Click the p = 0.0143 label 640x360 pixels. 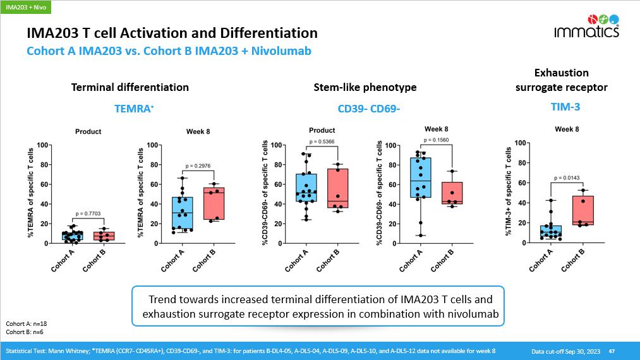[x=567, y=178]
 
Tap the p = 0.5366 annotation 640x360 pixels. [x=322, y=141]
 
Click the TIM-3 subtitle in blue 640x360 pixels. [x=561, y=107]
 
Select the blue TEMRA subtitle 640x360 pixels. [x=134, y=109]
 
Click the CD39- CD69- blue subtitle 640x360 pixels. [x=369, y=109]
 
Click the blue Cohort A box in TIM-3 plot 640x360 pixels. [x=550, y=231]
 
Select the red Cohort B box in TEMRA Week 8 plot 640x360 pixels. [x=214, y=203]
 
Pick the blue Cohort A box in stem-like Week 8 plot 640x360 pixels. [x=420, y=177]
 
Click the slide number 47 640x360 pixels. [x=612, y=351]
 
